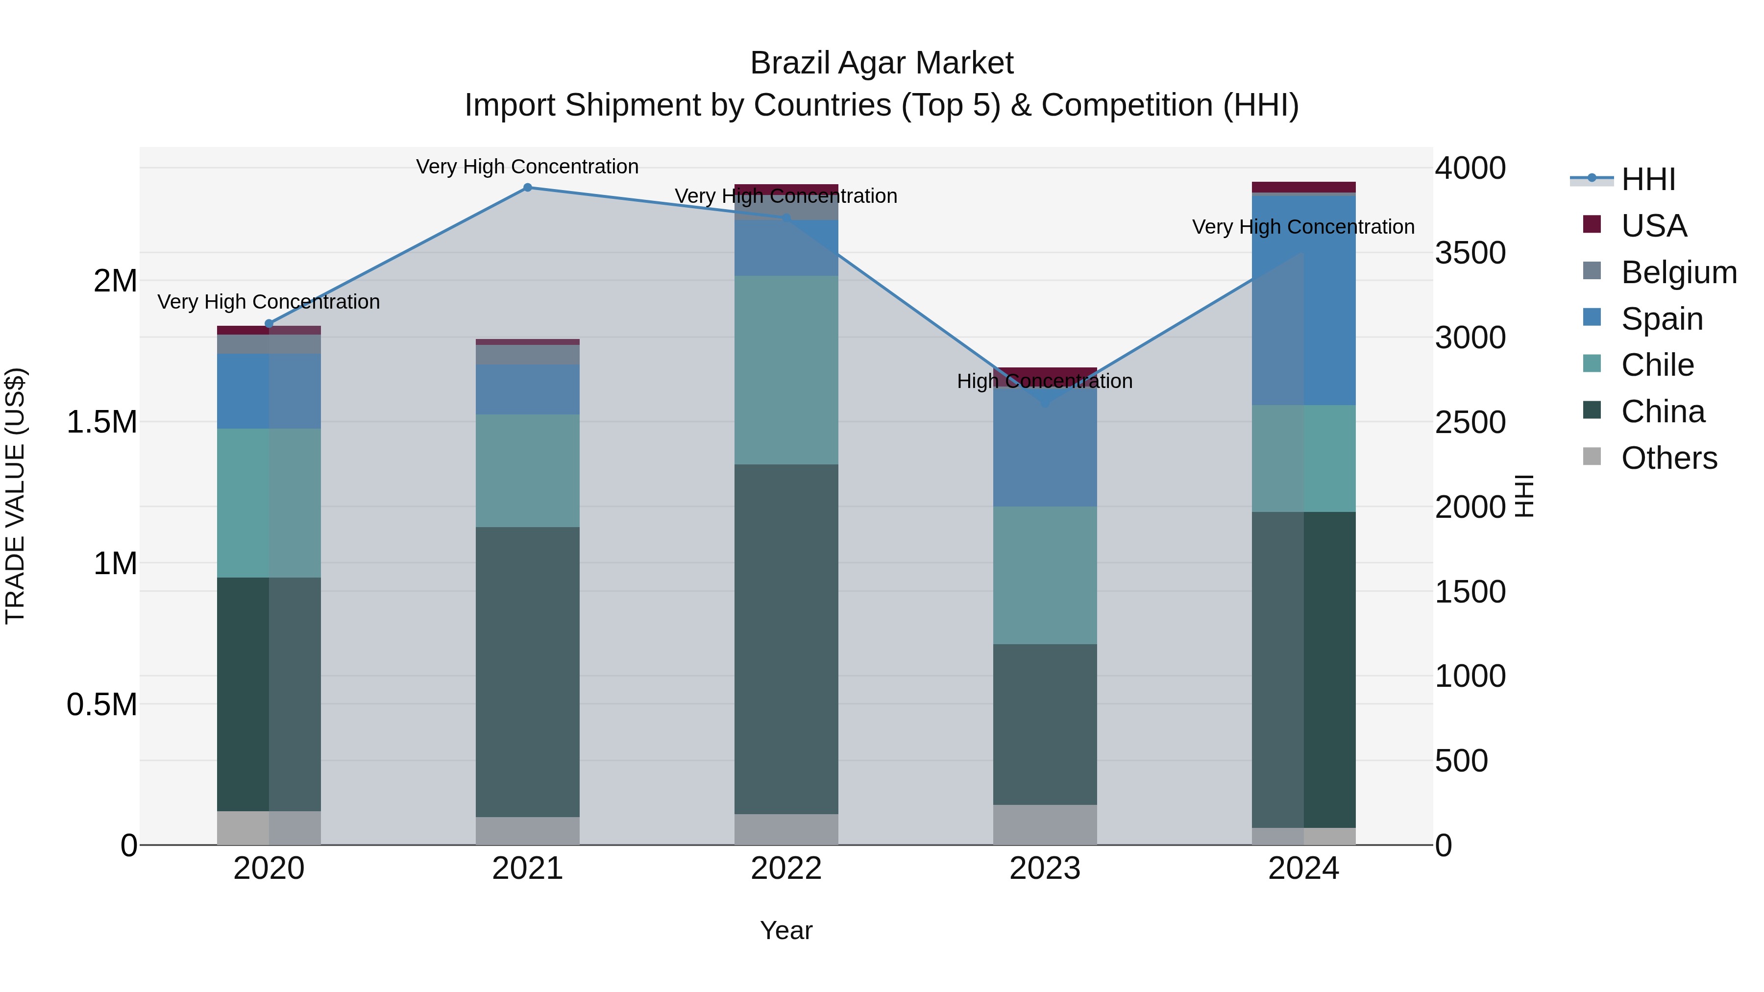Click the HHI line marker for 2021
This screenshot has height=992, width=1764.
pos(527,188)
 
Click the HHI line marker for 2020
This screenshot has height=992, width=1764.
pos(269,324)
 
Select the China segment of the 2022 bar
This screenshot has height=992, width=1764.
pos(786,639)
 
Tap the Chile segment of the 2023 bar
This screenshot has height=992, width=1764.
pos(1045,575)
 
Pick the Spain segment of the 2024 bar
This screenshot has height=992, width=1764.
pos(1304,300)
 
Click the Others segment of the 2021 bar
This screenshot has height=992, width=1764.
pos(527,830)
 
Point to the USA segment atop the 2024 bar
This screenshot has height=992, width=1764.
pos(1304,187)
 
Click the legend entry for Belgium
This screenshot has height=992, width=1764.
pos(1678,272)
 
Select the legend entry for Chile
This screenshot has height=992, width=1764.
pos(1657,365)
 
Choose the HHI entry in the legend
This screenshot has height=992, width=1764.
pos(1647,179)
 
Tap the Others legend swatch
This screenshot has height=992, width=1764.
pos(1592,457)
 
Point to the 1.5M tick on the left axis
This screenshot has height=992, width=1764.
pos(101,422)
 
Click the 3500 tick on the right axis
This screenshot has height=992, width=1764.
pos(1470,253)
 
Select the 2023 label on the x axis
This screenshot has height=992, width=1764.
pos(1045,869)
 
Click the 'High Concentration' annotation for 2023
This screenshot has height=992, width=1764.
pos(1045,381)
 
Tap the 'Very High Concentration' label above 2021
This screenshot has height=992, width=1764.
pos(527,167)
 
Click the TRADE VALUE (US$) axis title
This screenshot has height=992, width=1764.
pos(16,496)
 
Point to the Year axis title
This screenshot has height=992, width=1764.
pos(786,930)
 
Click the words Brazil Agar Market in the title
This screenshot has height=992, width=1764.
pos(882,63)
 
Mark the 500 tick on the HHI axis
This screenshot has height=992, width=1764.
pos(1461,761)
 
